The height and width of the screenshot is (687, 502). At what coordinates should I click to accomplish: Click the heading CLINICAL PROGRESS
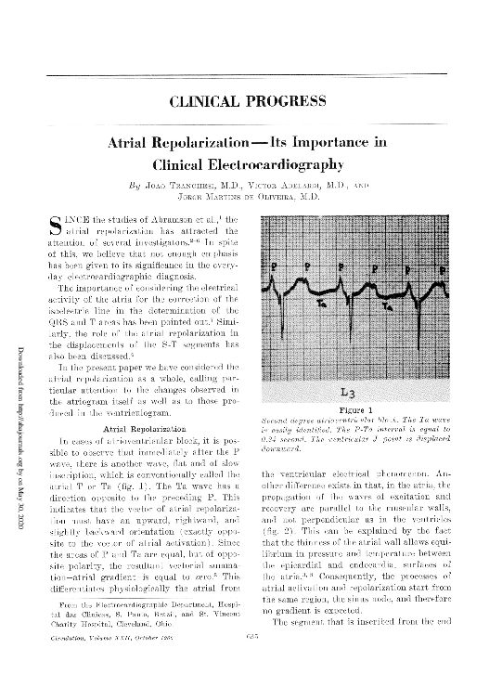251,100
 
